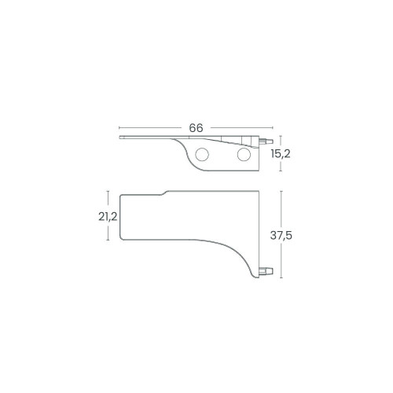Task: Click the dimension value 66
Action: click(196, 128)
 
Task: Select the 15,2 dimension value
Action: click(281, 154)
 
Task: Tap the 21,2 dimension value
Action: click(108, 217)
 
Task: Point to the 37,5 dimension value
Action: click(281, 236)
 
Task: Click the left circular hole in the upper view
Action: click(202, 155)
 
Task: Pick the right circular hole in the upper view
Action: click(244, 154)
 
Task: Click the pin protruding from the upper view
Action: click(266, 141)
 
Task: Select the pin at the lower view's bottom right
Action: click(266, 271)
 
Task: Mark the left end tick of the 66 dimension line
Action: click(119, 128)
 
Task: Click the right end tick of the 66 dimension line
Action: click(273, 128)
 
